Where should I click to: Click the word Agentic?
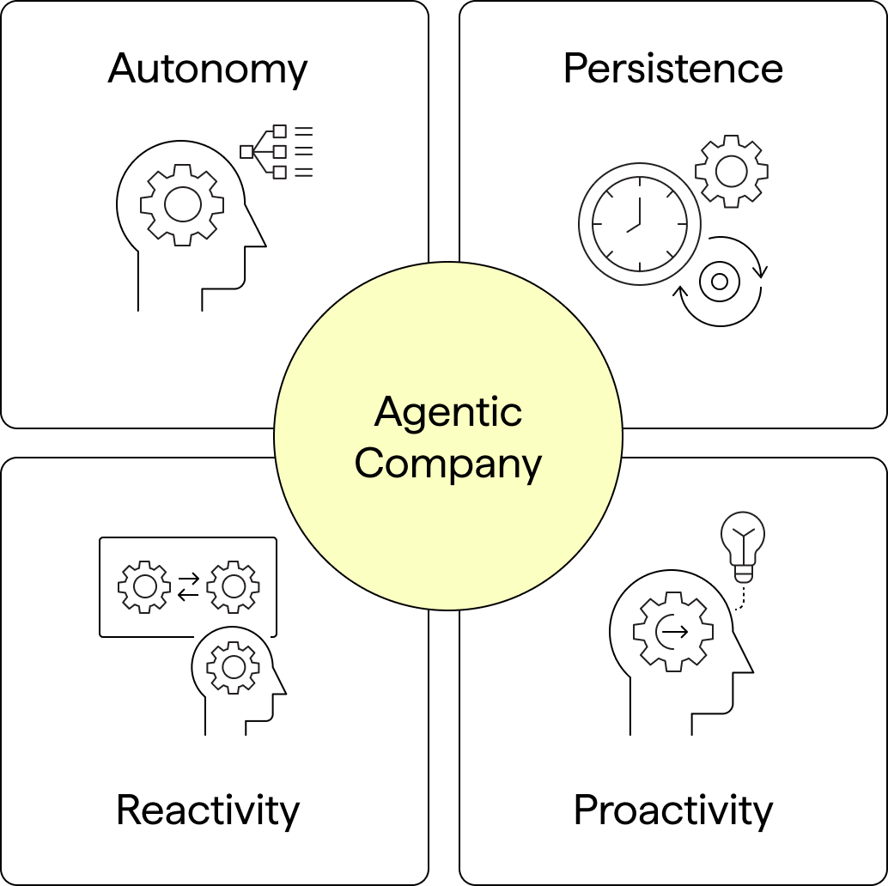447,413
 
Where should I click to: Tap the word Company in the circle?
447,464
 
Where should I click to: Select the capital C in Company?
369,464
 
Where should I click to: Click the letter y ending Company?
532,469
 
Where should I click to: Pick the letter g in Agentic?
417,416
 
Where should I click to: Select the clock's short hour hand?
633,228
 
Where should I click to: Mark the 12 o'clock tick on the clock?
640,181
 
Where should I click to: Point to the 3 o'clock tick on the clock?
682,224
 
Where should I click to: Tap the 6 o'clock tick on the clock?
640,266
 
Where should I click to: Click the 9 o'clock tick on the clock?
597,224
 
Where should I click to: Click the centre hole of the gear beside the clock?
731,172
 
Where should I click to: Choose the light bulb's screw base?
744,572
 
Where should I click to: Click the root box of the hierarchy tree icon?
246,152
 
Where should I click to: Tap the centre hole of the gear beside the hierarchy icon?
182,204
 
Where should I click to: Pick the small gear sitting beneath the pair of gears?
233,667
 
